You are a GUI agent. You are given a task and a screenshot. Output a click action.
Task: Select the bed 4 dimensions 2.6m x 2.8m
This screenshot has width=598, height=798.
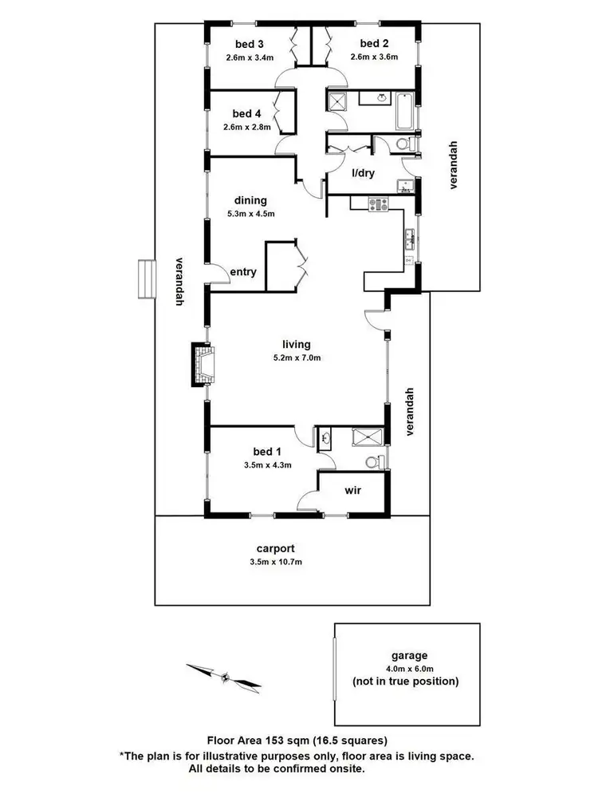pos(246,126)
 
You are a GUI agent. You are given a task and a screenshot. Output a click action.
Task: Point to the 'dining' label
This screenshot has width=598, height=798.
pos(250,200)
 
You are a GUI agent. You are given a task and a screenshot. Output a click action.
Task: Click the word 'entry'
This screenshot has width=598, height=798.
pos(242,272)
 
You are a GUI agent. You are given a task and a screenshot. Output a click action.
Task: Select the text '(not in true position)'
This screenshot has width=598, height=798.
pos(406,681)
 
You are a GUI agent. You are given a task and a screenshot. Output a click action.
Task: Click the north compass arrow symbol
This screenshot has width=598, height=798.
pos(225,677)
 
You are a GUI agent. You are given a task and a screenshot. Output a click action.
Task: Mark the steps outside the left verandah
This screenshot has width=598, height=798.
pos(146,278)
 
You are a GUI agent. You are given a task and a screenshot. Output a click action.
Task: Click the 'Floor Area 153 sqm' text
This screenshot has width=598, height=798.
pos(251,739)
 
